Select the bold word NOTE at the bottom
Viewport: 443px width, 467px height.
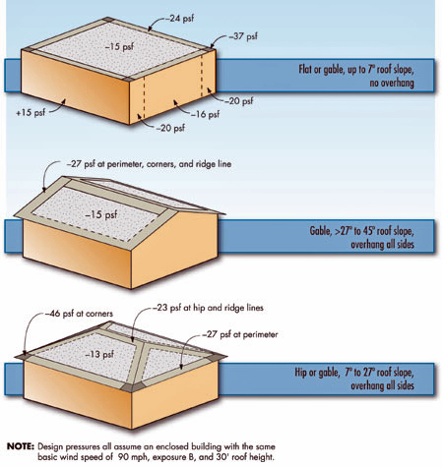coord(20,445)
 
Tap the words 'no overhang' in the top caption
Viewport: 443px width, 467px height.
coord(409,85)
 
